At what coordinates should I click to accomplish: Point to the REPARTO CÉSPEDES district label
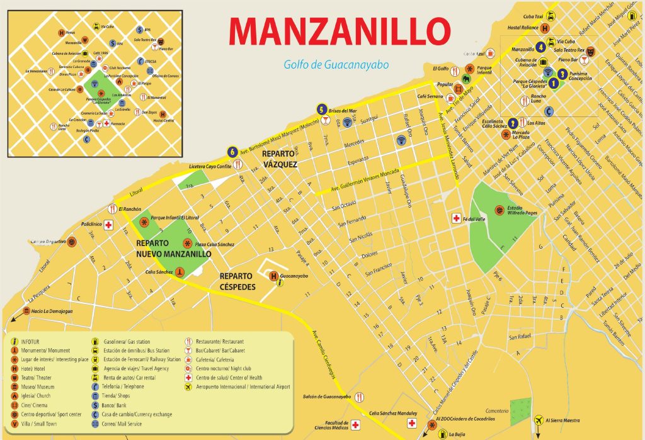[x=237, y=281]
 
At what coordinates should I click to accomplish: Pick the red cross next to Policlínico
[x=108, y=225]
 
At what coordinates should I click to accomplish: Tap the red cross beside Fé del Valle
[x=455, y=218]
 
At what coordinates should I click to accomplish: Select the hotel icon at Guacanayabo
[x=273, y=276]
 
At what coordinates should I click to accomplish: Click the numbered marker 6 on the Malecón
[x=233, y=152]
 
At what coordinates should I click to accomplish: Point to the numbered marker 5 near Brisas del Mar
[x=322, y=108]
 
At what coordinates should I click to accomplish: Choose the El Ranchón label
[x=130, y=209]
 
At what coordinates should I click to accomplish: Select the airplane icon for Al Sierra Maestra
[x=538, y=420]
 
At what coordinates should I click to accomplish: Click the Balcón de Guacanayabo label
[x=327, y=397]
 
